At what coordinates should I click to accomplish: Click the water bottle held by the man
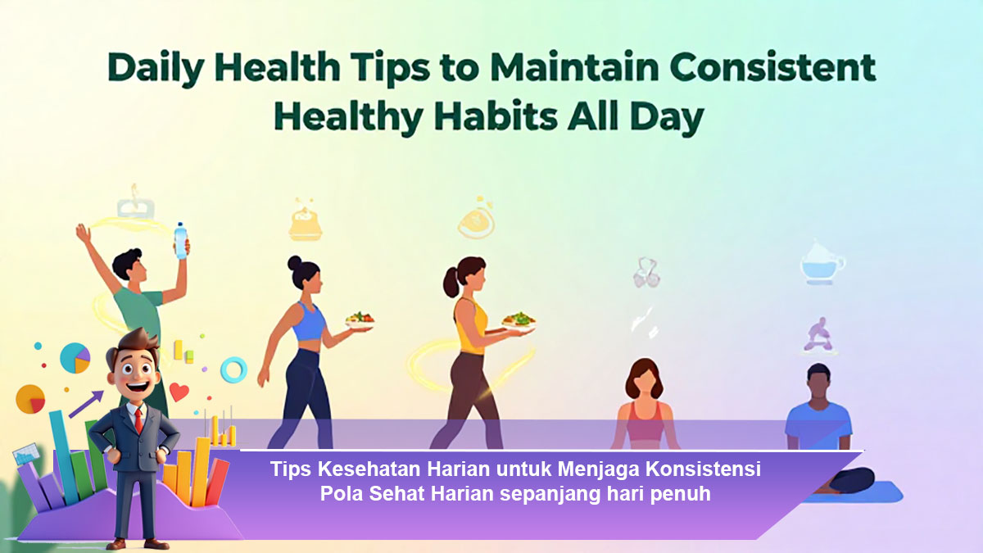click(180, 240)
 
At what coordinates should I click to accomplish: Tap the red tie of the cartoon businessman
click(138, 420)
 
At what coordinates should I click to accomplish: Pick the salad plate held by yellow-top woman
click(518, 320)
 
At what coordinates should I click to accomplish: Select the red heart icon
click(179, 392)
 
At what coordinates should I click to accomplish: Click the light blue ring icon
click(233, 369)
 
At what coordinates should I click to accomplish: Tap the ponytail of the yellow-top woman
click(451, 283)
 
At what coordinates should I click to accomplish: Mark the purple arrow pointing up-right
click(86, 403)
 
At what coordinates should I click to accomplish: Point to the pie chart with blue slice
click(75, 358)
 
